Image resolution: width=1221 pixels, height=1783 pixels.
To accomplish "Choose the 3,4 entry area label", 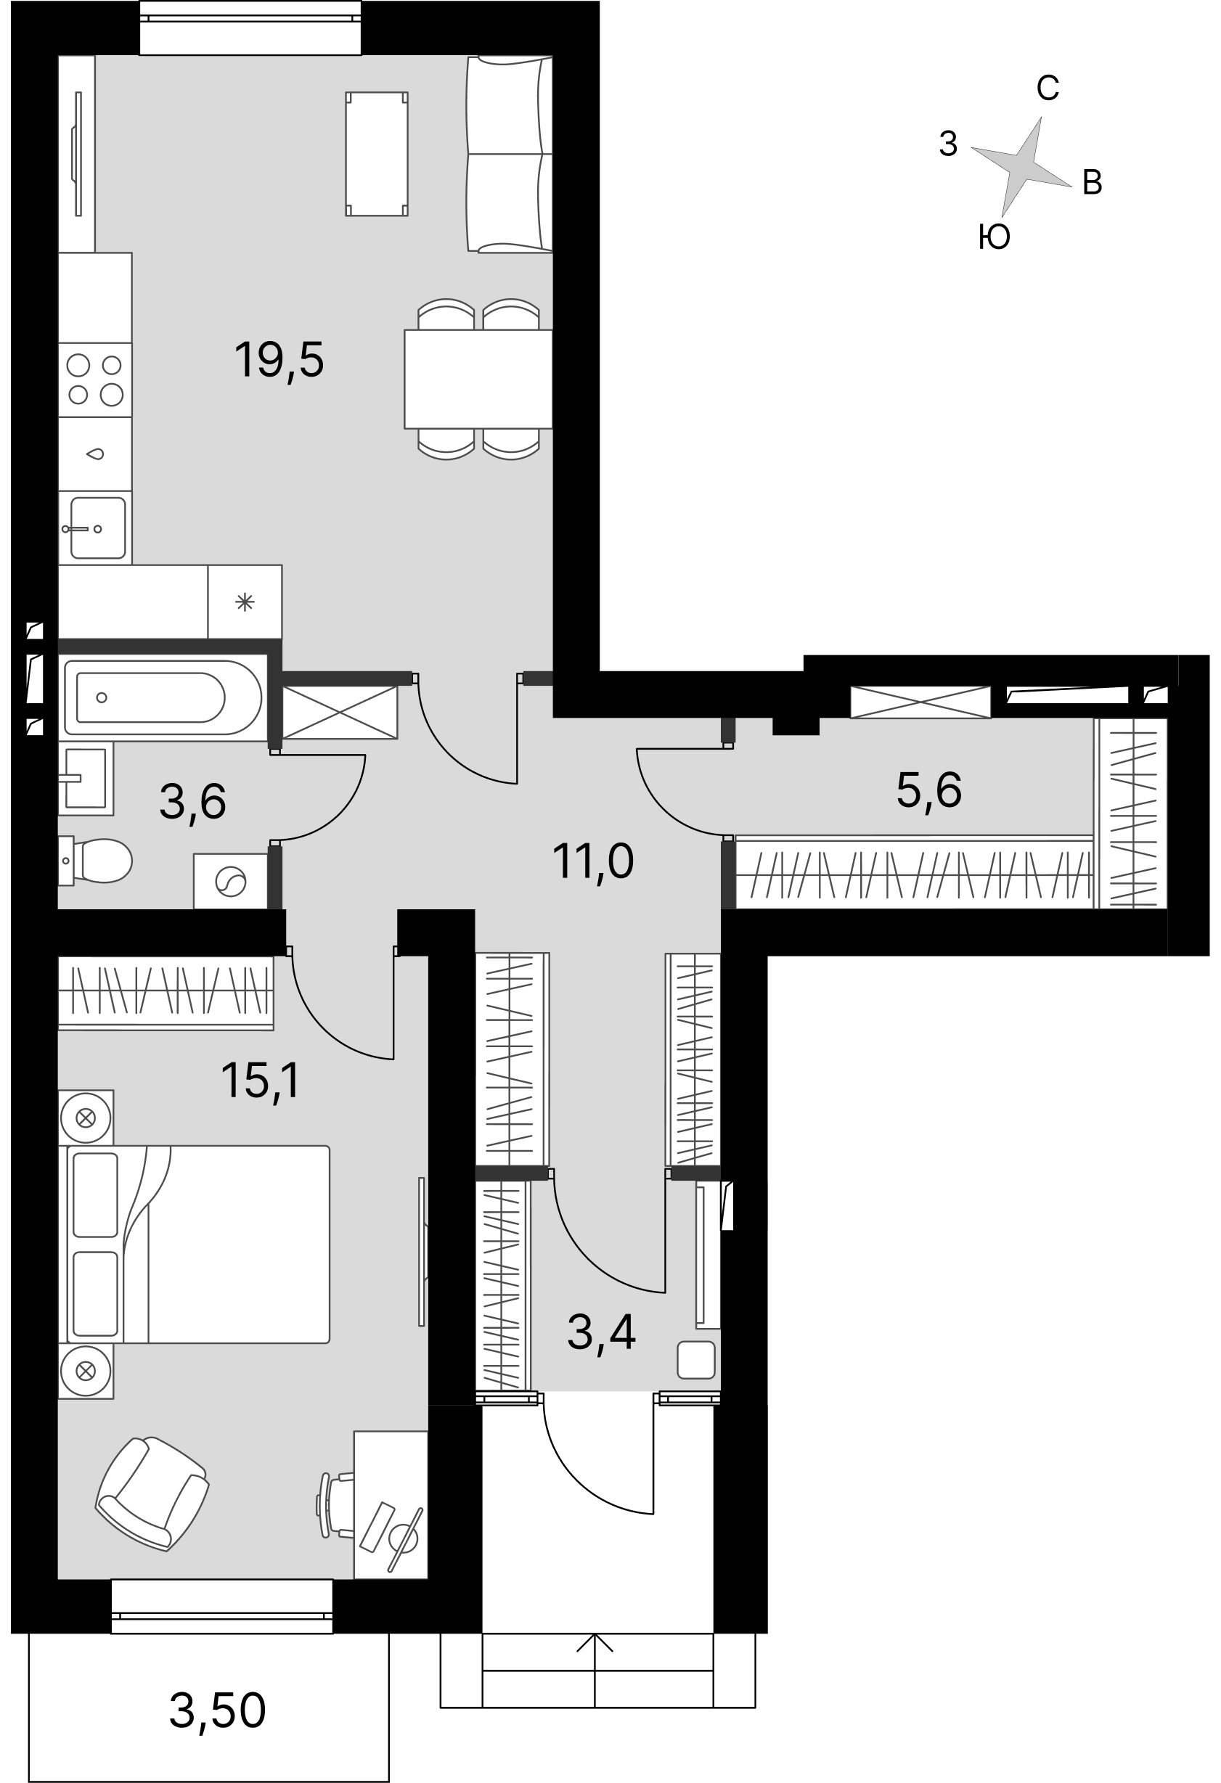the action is click(x=601, y=1332).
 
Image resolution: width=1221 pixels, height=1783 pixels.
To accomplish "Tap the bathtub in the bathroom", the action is click(x=163, y=697).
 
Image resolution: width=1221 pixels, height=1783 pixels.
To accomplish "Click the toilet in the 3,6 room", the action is click(x=95, y=861).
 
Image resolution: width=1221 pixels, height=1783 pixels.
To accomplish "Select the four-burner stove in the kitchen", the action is click(x=95, y=380).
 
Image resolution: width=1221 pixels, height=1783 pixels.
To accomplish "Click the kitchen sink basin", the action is click(x=97, y=528).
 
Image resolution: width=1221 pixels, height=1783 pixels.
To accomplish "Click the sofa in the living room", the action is click(x=510, y=155).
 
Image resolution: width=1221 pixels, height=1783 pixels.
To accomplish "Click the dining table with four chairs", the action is click(x=478, y=379).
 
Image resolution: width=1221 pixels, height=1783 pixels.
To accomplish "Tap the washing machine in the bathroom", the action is click(x=230, y=881).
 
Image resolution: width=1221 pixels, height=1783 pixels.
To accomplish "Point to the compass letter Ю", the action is click(x=994, y=238).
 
